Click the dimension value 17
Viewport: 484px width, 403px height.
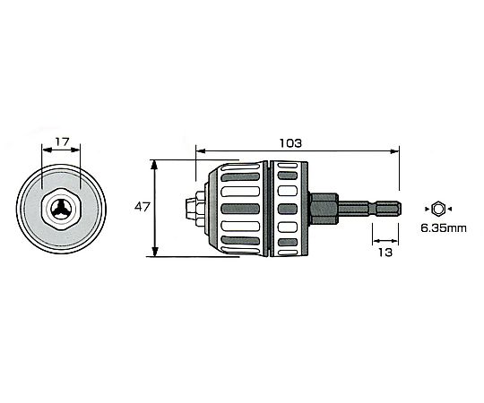(x=62, y=142)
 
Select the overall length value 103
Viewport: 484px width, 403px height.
(x=290, y=143)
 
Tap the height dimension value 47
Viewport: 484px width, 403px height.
(x=142, y=207)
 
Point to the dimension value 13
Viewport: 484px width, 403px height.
(x=385, y=253)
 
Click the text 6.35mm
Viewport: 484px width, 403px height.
(x=444, y=228)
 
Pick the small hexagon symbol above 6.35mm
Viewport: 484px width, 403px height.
(x=438, y=209)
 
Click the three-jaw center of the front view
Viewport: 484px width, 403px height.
(x=61, y=210)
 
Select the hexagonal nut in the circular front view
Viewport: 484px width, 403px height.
(x=61, y=208)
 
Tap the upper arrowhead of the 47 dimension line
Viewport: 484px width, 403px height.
(x=154, y=164)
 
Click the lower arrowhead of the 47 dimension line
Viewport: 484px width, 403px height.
(x=155, y=252)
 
